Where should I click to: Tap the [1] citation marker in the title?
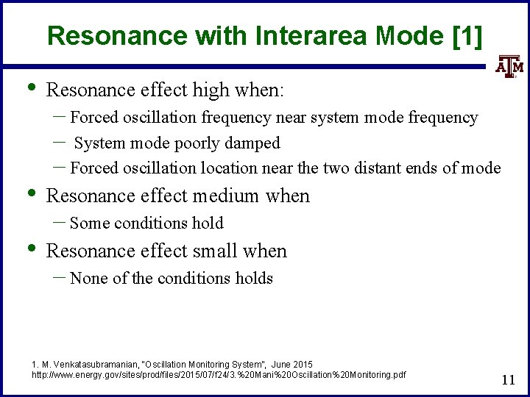pos(467,35)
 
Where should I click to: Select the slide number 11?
pos(507,379)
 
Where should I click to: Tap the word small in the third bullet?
pos(216,251)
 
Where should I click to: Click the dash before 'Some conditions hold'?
pos(61,222)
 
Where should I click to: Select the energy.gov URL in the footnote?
pos(219,375)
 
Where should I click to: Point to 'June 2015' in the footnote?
pos(292,365)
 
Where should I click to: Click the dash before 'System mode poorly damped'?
pos(61,142)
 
